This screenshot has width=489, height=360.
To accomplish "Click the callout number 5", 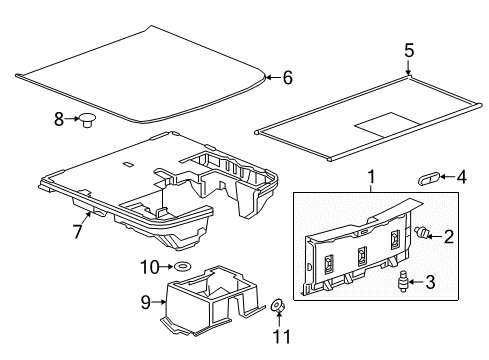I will click(408, 51).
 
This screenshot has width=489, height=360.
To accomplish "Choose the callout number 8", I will click(59, 119).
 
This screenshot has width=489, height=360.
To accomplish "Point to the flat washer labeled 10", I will click(183, 267).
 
